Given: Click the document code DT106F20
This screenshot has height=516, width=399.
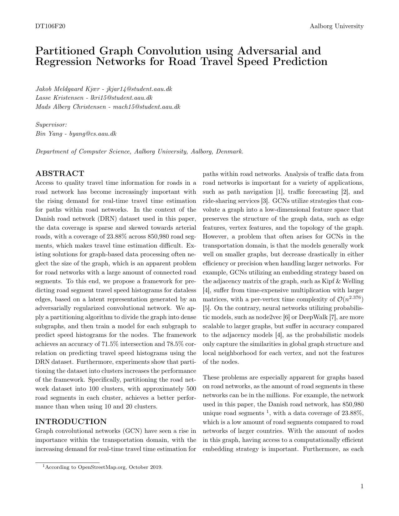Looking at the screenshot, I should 50,26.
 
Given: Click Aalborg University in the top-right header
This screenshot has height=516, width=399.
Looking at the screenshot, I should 336,26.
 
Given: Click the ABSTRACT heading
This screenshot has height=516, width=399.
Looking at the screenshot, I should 60,173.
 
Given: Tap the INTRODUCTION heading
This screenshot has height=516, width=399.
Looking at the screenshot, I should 71,422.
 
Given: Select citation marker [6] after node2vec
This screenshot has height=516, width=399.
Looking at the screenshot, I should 286,317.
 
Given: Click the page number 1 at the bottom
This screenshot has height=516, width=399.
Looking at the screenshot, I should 362,486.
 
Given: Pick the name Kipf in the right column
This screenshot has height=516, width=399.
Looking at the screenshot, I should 320,281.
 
